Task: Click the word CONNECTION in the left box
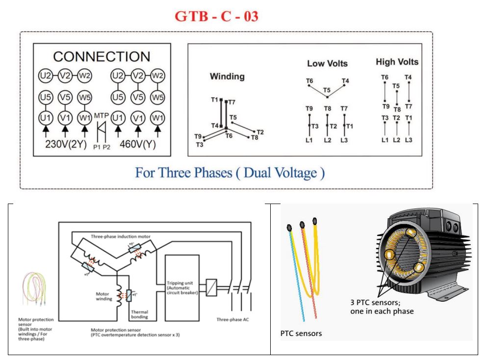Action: pos(102,56)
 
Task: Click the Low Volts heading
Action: pos(327,64)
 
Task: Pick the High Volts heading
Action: pos(397,62)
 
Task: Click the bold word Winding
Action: pos(227,77)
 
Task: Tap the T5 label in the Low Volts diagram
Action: pos(327,90)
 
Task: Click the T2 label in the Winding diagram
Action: pos(260,132)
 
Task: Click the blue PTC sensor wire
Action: pos(296,284)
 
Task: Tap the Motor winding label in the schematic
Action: pos(104,297)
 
